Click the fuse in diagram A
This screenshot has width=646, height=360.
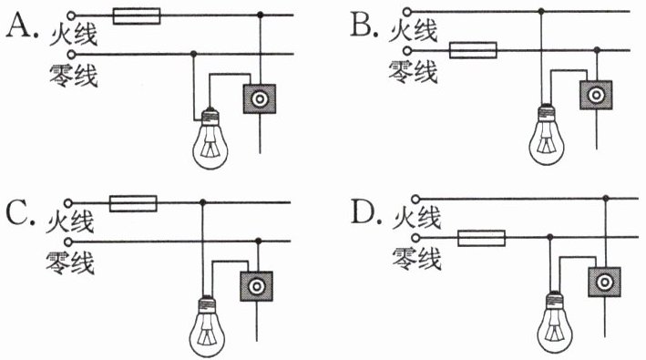(137, 15)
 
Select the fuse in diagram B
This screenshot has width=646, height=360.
(473, 50)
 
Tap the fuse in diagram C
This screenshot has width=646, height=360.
(133, 203)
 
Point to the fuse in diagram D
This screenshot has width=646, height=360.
(482, 238)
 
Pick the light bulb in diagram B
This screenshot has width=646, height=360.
(547, 135)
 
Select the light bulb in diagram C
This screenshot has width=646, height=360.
(207, 326)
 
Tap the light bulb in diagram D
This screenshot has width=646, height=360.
(555, 323)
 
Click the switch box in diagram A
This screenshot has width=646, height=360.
(259, 98)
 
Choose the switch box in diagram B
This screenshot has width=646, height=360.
(596, 95)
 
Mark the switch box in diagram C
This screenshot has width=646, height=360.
(256, 286)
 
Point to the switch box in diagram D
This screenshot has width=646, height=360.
(604, 283)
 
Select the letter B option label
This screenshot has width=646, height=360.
(364, 26)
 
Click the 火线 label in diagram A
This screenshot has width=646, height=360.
(73, 35)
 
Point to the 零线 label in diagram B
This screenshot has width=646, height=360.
(413, 73)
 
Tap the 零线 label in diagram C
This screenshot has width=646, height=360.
(70, 262)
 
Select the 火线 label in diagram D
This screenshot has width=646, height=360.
(417, 218)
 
